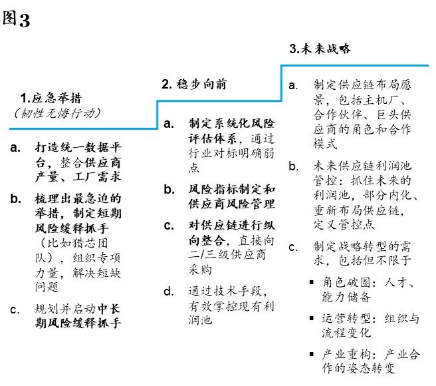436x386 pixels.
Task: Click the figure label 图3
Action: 16,19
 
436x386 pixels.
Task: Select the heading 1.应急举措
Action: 51,98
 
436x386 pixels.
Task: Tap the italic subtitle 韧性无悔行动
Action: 57,113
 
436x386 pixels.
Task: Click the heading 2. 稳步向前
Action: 194,84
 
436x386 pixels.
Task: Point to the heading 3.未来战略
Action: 320,49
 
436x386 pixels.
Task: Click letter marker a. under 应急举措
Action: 15,147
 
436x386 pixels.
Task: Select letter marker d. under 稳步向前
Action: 169,291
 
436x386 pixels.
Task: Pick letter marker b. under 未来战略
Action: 294,166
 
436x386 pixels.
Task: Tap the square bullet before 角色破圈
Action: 312,283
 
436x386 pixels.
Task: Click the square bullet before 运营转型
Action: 312,318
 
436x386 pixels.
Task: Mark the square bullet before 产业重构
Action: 312,354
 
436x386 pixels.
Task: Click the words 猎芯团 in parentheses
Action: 90,243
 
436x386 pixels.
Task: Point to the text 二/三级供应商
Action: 227,255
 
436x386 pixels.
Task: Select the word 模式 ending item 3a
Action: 325,144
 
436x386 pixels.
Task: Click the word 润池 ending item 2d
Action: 200,320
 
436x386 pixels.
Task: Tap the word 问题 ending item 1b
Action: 47,287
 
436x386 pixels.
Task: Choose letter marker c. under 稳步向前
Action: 169,226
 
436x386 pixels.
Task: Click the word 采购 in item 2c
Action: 200,270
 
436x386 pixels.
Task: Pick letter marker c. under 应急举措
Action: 15,309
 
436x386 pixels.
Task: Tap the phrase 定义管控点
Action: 344,224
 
